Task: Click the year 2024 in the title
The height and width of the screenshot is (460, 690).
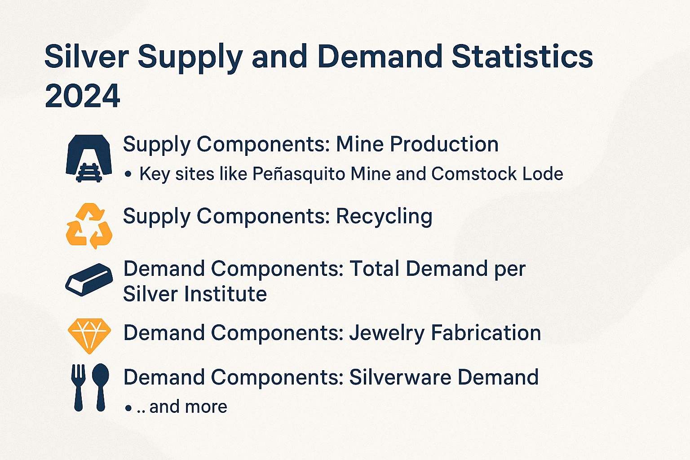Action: (x=82, y=96)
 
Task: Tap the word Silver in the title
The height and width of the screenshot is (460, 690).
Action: (x=87, y=57)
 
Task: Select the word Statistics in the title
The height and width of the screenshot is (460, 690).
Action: (x=522, y=57)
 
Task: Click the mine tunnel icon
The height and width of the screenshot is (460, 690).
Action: (x=88, y=159)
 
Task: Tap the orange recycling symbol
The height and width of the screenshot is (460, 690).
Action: (x=89, y=226)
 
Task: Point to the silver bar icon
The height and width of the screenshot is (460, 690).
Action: (x=89, y=280)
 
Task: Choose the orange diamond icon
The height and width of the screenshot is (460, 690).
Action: (x=89, y=336)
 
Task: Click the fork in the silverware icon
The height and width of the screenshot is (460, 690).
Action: (x=78, y=388)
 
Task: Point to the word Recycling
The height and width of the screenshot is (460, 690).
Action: (x=384, y=217)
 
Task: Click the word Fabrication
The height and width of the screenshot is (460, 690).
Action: (x=486, y=333)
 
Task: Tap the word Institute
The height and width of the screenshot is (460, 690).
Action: (x=226, y=294)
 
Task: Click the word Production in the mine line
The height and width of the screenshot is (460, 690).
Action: (x=444, y=144)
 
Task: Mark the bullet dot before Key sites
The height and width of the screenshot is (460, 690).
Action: (x=128, y=174)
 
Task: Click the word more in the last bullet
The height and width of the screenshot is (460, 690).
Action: (x=206, y=407)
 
